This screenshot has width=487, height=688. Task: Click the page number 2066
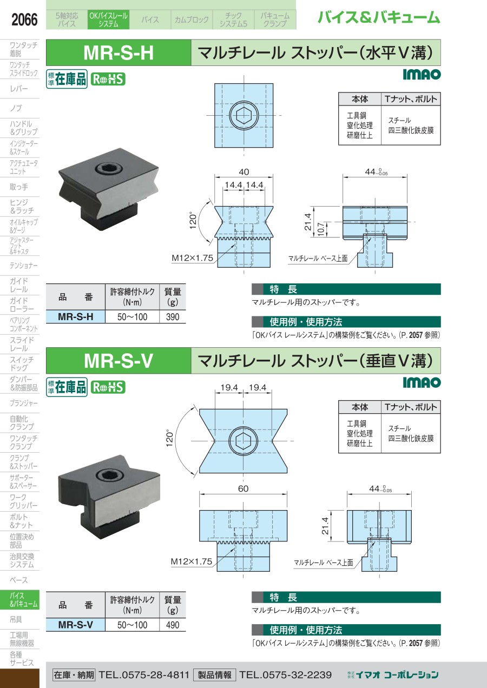(24, 21)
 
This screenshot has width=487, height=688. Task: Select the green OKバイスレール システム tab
(108, 20)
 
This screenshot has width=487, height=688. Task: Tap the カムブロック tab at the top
(192, 20)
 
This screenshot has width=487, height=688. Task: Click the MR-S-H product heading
(119, 52)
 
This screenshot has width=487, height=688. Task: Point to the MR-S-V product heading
(119, 361)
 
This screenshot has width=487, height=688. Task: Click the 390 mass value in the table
(173, 317)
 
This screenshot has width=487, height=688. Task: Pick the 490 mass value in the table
(173, 625)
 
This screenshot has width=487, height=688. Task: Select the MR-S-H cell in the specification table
(75, 317)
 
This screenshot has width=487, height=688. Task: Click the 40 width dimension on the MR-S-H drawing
(243, 171)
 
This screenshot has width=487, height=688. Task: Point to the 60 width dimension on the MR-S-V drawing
(243, 488)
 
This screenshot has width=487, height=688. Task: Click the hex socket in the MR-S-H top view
(243, 115)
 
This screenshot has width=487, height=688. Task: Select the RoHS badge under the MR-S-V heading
(108, 387)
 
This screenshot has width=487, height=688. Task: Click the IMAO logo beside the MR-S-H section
(422, 75)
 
